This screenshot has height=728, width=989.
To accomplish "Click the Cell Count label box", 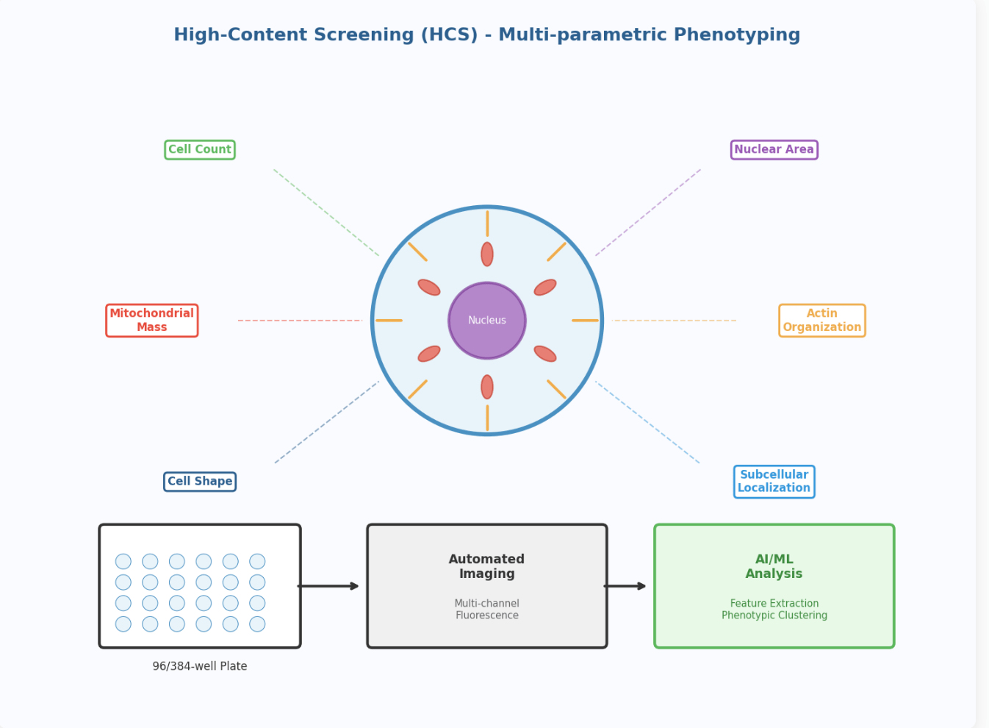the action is (200, 150).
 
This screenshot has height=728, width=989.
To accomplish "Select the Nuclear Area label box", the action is (774, 150).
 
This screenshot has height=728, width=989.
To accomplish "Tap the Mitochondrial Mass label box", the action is (152, 321).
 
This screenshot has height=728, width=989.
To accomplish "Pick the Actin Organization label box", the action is (821, 321).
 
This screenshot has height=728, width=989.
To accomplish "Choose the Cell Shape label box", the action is (200, 482).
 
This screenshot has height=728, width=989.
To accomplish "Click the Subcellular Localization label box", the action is (774, 482).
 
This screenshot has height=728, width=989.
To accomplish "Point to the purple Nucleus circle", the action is (487, 321).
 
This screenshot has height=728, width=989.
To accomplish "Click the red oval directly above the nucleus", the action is (487, 254).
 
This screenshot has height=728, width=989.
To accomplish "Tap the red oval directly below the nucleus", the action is (487, 387).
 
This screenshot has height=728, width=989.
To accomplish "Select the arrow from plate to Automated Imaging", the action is (328, 586).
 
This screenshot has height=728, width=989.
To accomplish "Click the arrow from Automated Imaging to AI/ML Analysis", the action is (625, 586).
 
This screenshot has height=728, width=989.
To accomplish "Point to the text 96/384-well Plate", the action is (200, 666).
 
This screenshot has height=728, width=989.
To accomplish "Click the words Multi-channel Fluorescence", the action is (487, 609).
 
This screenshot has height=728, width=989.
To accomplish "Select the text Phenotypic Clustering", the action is (774, 615).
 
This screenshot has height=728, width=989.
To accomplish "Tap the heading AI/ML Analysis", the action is (774, 566).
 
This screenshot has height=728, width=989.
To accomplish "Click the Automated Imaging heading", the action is (486, 566).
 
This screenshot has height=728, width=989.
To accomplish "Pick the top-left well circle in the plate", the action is (123, 562).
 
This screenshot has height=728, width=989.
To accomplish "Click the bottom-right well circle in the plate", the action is (257, 624).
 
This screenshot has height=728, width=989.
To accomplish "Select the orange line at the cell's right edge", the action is (585, 321).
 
